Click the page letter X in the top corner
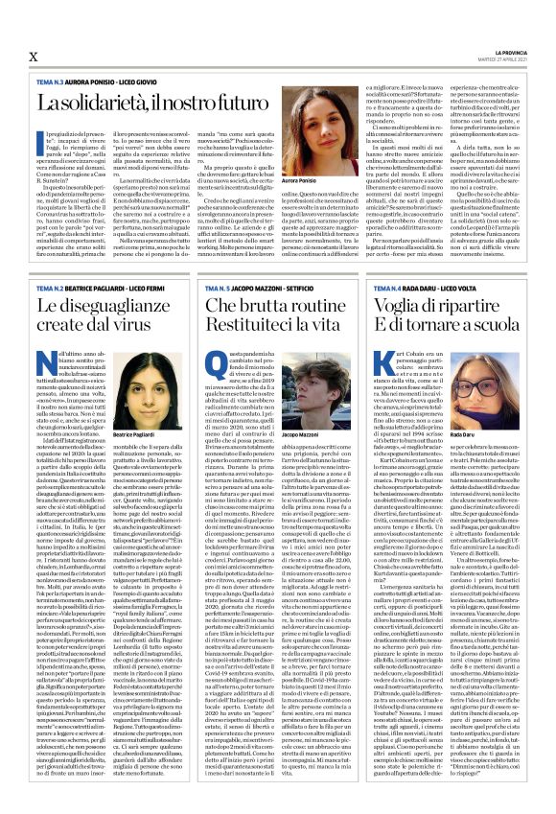coord(34,57)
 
